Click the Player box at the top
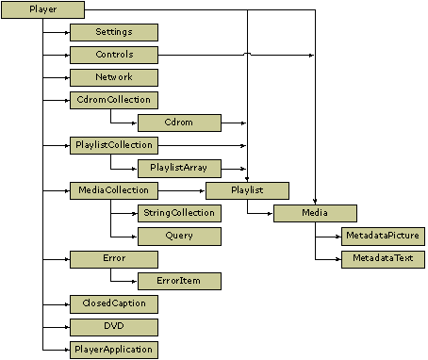pyautogui.click(x=44, y=10)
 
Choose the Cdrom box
pyautogui.click(x=179, y=123)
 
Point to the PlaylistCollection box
pyautogui.click(x=113, y=146)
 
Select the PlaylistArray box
pyautogui.click(x=179, y=169)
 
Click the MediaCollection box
pyautogui.click(x=113, y=191)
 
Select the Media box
pyautogui.click(x=315, y=214)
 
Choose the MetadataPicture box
pyautogui.click(x=383, y=236)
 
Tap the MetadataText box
pyautogui.click(x=383, y=258)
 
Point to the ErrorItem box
pyautogui.click(x=179, y=282)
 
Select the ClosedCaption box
pyautogui.click(x=113, y=304)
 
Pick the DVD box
pyautogui.click(x=113, y=327)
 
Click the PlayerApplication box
pyautogui.click(x=113, y=350)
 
